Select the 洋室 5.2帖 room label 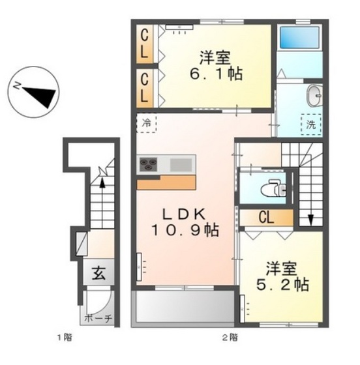click(286, 277)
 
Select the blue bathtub click(298, 38)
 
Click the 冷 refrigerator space click(146, 122)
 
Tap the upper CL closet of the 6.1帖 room click(145, 42)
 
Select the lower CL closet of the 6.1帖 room click(145, 87)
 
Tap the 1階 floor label click(62, 337)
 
